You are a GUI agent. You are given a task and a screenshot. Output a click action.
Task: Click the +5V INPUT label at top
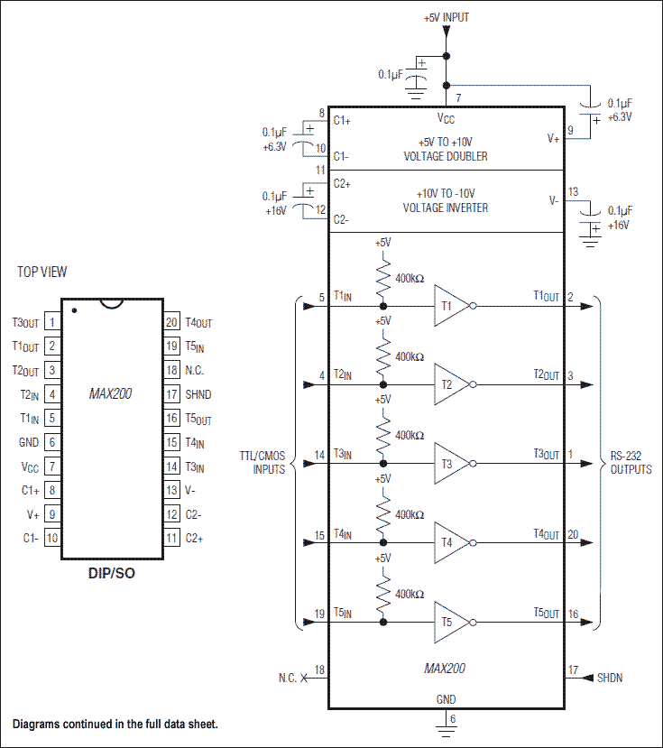[446, 17]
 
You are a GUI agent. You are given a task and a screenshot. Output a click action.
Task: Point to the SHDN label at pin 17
[610, 678]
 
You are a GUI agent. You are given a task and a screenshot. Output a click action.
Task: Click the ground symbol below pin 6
[445, 721]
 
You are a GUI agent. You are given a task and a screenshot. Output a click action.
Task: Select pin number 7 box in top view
[52, 466]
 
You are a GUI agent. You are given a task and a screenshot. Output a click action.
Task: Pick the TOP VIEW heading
[41, 272]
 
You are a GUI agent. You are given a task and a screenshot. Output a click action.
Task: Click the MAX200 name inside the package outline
[112, 394]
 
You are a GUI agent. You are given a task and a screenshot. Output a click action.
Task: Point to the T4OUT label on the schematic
[546, 534]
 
